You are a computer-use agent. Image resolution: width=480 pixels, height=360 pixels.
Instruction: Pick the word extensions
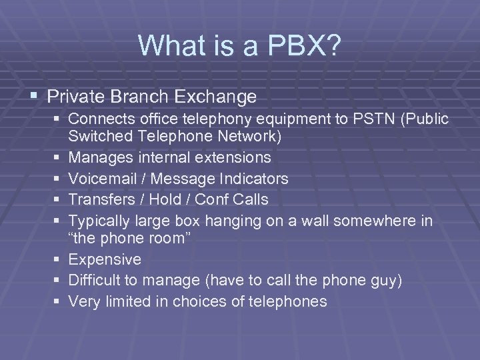(x=230, y=158)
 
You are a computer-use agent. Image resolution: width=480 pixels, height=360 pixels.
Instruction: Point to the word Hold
(x=163, y=199)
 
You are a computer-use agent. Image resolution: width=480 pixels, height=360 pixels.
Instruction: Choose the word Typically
(x=100, y=221)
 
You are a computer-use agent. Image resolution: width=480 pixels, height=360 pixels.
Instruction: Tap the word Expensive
(x=105, y=259)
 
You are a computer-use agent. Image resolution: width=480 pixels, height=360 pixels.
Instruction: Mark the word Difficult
(x=96, y=281)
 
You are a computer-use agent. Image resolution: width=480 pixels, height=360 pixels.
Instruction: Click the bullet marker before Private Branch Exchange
(x=35, y=97)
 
